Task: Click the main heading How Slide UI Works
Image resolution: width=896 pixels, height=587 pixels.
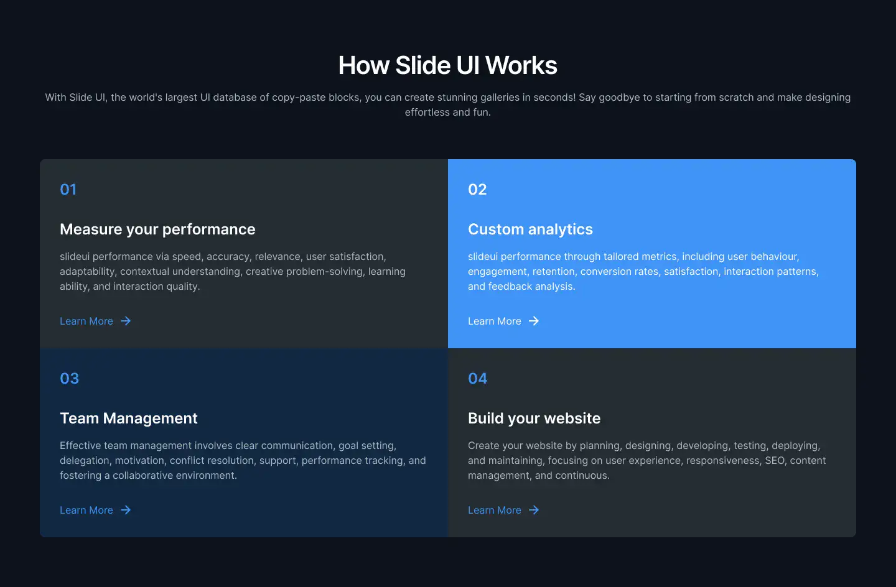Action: [x=447, y=65]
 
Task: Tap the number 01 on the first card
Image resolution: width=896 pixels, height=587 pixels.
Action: [x=68, y=190]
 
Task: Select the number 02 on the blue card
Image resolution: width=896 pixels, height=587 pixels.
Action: [x=477, y=190]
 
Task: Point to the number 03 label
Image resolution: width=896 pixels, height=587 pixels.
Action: [x=70, y=379]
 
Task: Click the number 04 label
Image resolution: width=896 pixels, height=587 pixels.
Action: [x=478, y=379]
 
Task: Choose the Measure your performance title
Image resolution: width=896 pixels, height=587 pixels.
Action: [x=157, y=229]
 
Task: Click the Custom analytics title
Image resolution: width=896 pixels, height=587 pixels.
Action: [x=530, y=229]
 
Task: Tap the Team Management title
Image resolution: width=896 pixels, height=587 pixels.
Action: [x=129, y=418]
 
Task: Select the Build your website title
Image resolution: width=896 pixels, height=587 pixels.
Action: [x=534, y=418]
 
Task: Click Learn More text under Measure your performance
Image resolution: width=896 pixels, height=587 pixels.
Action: [x=86, y=321]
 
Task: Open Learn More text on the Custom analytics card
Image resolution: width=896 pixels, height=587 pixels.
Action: [x=495, y=321]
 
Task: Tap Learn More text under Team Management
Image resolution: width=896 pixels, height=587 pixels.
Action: [x=86, y=511]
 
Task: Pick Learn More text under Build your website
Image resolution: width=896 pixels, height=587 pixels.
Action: [x=495, y=511]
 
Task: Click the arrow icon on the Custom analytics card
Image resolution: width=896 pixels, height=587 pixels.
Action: [x=534, y=321]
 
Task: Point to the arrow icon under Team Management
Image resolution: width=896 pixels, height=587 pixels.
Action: [x=126, y=510]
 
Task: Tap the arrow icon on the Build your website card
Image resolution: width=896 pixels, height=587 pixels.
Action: [x=534, y=510]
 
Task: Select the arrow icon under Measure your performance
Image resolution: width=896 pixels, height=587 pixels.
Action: [x=126, y=321]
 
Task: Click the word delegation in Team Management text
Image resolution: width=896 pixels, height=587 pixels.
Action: [x=85, y=461]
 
